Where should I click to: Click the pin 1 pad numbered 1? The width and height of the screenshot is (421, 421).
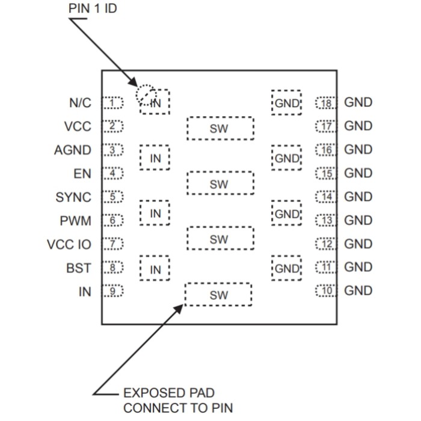click(112, 103)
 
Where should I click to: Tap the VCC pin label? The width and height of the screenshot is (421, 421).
click(78, 126)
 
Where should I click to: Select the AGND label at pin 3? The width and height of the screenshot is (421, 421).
click(73, 150)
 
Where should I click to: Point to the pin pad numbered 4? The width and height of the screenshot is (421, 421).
click(112, 174)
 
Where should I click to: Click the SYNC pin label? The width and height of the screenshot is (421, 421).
click(73, 197)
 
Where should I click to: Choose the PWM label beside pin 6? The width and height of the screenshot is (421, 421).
click(76, 221)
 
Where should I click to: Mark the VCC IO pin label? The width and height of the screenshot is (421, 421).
click(69, 244)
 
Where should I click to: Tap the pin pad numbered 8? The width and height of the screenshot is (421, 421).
click(112, 268)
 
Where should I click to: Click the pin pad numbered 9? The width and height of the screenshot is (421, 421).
click(112, 291)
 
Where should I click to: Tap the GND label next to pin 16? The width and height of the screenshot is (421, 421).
click(358, 150)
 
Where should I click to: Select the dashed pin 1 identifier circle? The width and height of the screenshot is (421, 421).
click(145, 94)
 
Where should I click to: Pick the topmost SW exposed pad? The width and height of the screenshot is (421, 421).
click(220, 128)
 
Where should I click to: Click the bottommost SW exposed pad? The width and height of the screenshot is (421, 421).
click(218, 295)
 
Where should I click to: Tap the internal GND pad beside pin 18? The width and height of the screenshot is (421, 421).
click(287, 103)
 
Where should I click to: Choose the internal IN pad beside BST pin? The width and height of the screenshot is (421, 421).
click(155, 269)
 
